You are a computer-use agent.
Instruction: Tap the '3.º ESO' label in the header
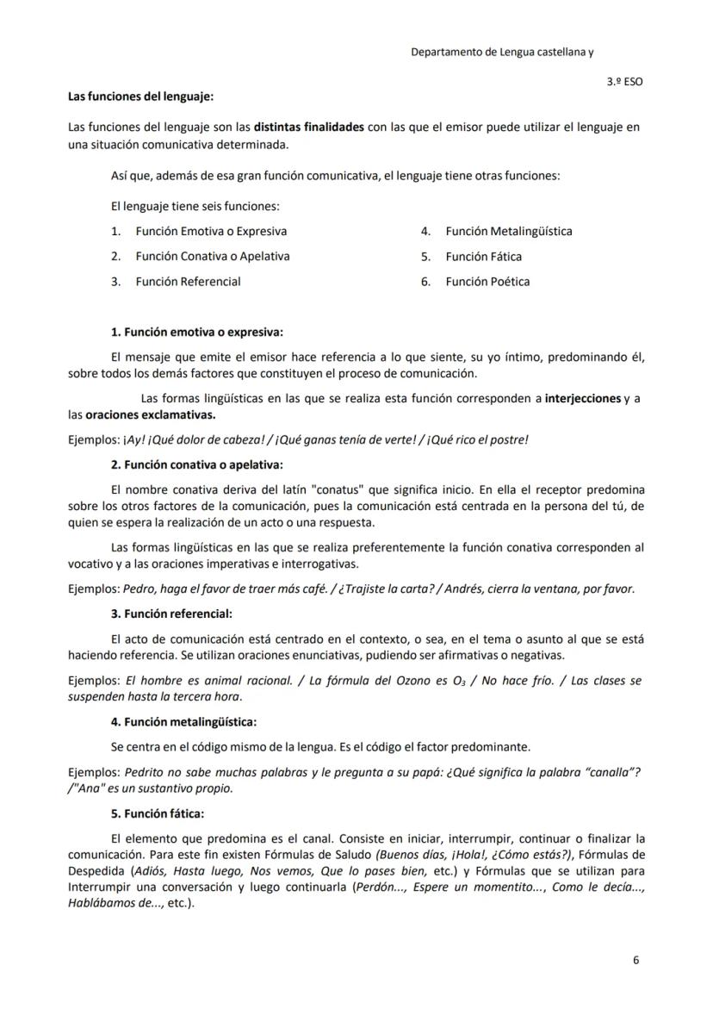coord(624,82)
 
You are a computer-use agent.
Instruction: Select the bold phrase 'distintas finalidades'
coord(308,128)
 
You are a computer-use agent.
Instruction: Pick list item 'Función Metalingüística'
coord(508,231)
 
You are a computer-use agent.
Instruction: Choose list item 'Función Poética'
coord(487,282)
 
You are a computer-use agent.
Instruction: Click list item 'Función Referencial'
coord(188,282)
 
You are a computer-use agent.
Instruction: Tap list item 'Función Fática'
coord(483,257)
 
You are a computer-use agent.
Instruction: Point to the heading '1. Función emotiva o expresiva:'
coord(196,332)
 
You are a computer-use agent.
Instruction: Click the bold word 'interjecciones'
coord(582,398)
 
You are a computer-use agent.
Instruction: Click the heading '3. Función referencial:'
coord(171,614)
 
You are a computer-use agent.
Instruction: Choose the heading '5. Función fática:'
coord(158,813)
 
